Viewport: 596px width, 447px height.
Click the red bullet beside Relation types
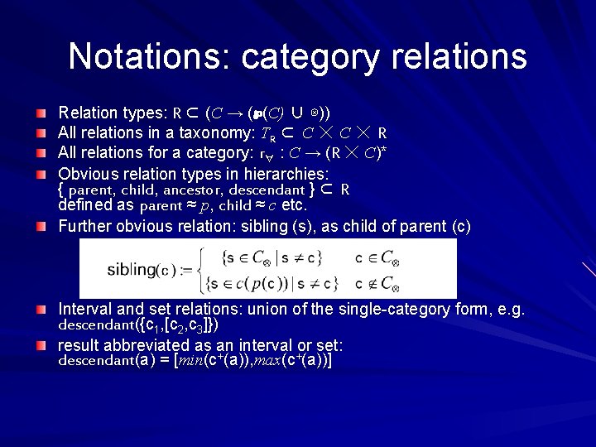click(41, 112)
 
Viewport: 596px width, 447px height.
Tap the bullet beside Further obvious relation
click(41, 226)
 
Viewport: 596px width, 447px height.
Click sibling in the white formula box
click(132, 270)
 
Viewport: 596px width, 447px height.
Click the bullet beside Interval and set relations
click(41, 309)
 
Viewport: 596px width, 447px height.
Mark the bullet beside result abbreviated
click(41, 344)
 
